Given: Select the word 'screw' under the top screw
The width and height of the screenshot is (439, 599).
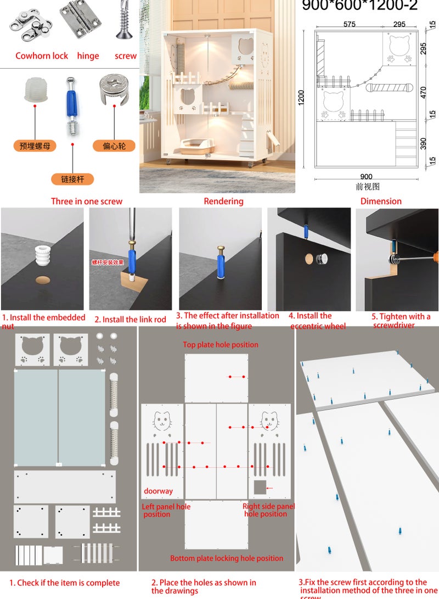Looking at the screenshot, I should (x=126, y=56).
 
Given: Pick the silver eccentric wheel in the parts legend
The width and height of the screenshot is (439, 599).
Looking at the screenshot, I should (x=114, y=89).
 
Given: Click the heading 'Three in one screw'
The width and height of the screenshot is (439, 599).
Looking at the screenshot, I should (x=87, y=201).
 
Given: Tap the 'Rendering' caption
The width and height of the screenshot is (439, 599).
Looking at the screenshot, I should (x=223, y=201).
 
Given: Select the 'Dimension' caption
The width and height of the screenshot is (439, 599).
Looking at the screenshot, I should (x=381, y=201).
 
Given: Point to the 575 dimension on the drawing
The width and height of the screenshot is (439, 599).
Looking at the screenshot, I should (x=349, y=25).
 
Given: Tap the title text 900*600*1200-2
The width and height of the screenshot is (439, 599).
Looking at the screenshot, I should (x=359, y=6).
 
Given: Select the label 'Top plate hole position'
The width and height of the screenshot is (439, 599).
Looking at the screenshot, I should (x=221, y=345).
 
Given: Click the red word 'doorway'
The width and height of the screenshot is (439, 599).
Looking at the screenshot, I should (x=158, y=491).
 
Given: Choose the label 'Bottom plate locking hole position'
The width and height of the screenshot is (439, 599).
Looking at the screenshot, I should (x=227, y=558).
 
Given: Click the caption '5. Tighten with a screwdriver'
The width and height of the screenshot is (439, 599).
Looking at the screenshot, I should (x=401, y=321).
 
